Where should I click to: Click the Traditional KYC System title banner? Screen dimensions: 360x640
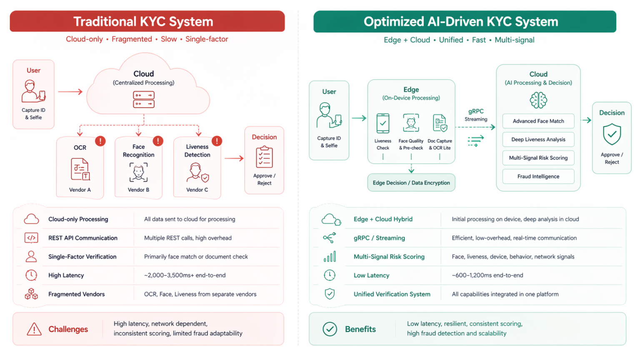tap(147, 21)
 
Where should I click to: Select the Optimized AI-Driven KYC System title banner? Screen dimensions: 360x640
tap(464, 22)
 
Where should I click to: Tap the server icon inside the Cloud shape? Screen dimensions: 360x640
tap(144, 100)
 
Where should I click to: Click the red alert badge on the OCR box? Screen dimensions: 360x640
tap(100, 141)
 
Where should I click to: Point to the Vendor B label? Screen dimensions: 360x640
tap(138, 190)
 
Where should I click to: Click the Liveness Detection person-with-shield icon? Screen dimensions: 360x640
tap(197, 172)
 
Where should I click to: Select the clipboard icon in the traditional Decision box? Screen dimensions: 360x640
tap(264, 157)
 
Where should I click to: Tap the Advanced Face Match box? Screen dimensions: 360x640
tap(538, 121)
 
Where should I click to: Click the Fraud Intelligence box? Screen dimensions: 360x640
tap(538, 177)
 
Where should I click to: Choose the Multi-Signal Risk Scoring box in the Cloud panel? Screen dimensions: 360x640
tap(538, 158)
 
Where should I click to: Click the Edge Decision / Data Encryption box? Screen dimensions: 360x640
tap(411, 183)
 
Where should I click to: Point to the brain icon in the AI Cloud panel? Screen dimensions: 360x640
tap(538, 100)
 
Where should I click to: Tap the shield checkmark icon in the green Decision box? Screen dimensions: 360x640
tap(611, 134)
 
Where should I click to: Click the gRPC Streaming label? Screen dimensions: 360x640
tap(475, 115)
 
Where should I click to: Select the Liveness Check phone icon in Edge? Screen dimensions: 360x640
tap(382, 123)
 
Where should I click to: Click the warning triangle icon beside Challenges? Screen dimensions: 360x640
tap(34, 329)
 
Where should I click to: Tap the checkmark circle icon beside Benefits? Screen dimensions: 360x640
tap(330, 329)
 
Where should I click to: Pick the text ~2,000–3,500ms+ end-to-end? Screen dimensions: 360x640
tap(185, 275)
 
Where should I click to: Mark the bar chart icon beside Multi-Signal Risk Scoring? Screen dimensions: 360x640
tap(329, 257)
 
